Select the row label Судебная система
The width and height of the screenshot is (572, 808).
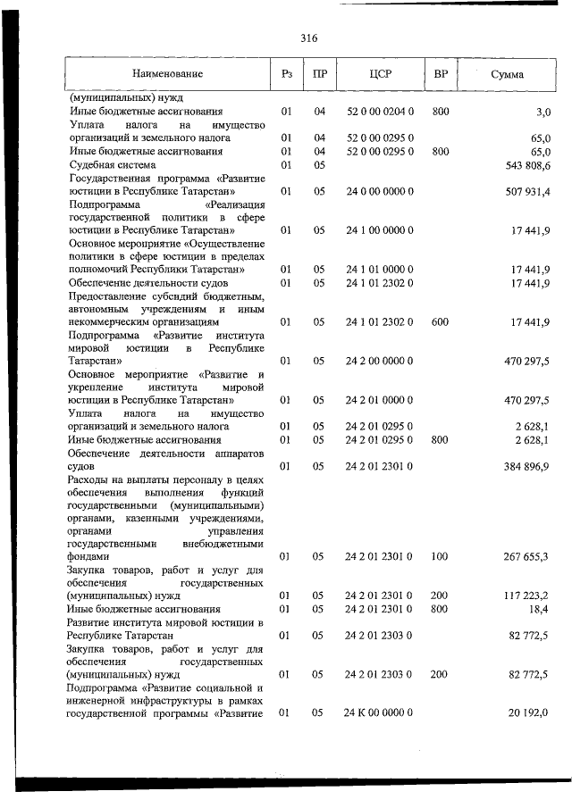[113, 165]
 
